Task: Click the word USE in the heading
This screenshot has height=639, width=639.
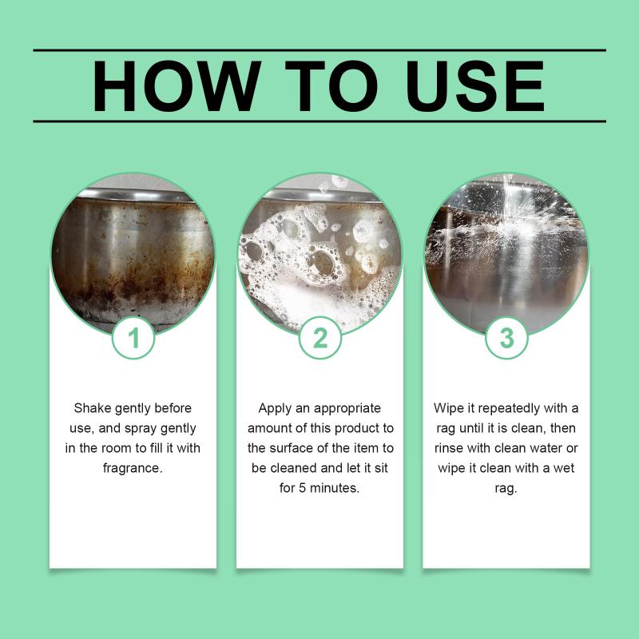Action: [x=475, y=86]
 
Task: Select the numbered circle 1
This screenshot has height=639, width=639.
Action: [x=133, y=338]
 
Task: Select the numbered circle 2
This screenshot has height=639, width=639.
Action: [x=320, y=338]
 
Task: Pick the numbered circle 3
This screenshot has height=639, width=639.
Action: [x=506, y=338]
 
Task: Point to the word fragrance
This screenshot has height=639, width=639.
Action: [x=133, y=468]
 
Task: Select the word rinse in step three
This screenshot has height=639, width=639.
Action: [x=449, y=448]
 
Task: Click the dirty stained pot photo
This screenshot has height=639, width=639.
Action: [x=133, y=255]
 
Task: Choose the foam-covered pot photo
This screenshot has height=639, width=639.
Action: [x=320, y=255]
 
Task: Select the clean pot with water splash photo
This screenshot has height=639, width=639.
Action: [x=506, y=255]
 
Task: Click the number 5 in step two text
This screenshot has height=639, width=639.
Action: [x=302, y=488]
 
